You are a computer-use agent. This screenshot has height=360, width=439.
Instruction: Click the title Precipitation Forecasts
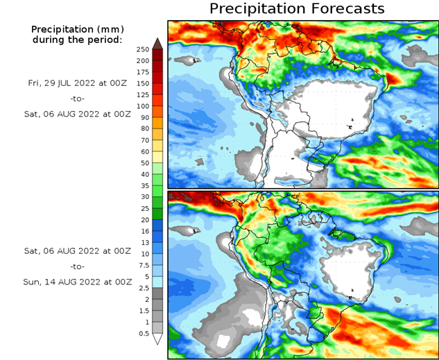(297, 9)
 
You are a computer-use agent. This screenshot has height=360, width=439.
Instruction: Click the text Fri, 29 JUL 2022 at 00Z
(77, 82)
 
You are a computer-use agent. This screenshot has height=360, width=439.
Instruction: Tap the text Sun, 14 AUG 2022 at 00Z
(77, 282)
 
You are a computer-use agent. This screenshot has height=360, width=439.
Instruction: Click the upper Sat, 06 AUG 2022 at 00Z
(77, 114)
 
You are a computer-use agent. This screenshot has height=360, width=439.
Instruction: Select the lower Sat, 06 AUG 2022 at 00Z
(77, 250)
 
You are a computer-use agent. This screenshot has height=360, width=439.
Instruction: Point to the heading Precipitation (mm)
(77, 29)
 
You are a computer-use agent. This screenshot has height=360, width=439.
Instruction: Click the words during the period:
(77, 40)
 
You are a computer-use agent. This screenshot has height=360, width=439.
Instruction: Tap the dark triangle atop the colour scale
(157, 44)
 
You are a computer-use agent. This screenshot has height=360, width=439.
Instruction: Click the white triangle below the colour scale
(157, 339)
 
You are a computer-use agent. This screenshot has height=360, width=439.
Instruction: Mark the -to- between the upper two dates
(77, 98)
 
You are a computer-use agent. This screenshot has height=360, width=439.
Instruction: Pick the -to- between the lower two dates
(77, 266)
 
